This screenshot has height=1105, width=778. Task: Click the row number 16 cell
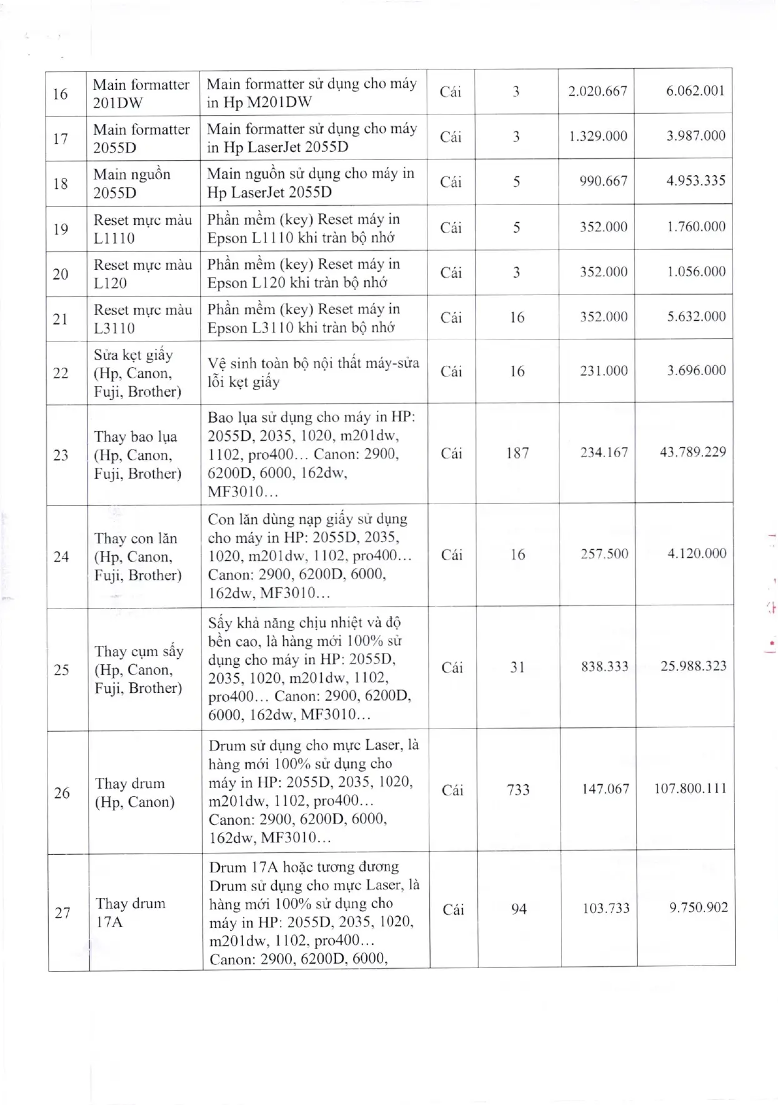point(61,94)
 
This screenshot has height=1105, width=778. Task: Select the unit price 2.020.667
point(597,91)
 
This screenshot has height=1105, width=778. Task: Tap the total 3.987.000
point(696,136)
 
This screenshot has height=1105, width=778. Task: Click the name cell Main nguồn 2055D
point(132,183)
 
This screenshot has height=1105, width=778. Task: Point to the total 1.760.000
point(696,226)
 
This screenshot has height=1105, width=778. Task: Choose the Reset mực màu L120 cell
point(142,274)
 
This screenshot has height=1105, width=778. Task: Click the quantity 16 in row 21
point(517,318)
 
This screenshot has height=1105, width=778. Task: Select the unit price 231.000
point(604,371)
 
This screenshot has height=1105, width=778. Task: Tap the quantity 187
point(517,453)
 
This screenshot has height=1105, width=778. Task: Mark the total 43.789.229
point(692,452)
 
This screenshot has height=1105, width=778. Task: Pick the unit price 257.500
point(604,554)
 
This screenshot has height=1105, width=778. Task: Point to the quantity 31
point(517,667)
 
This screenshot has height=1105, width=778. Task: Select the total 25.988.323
point(693,667)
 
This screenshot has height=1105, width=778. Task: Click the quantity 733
point(518,790)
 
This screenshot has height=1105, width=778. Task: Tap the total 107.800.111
point(691,789)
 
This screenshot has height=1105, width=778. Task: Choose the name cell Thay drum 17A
point(131,912)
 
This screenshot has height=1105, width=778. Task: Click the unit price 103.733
point(606,909)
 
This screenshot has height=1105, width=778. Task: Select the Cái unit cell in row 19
point(451,228)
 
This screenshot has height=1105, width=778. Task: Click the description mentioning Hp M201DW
point(312,93)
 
